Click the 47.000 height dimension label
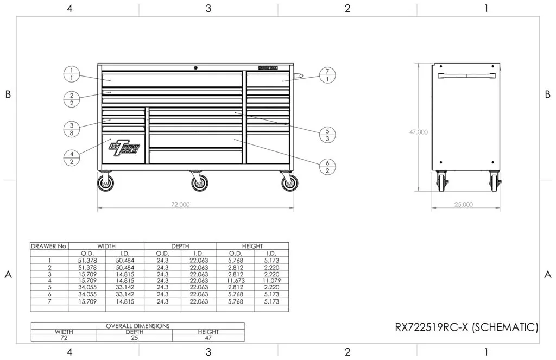click(418, 132)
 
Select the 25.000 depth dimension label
click(463, 205)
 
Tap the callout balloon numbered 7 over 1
click(327, 75)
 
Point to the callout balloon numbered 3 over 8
click(72, 128)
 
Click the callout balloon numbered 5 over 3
click(327, 135)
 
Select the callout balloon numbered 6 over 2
click(327, 167)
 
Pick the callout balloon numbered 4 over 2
click(72, 157)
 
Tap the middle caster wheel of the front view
click(200, 183)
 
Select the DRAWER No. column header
click(49, 246)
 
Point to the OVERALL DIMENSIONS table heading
click(137, 326)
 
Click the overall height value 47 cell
click(208, 338)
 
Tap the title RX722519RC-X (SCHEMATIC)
click(466, 327)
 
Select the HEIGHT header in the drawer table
click(252, 246)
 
